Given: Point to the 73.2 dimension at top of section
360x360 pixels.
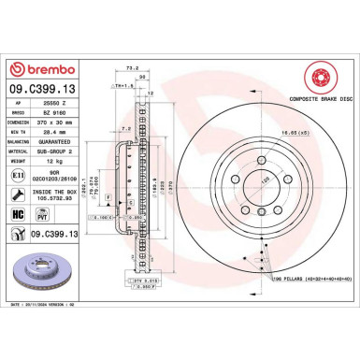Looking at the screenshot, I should click(x=134, y=68).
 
